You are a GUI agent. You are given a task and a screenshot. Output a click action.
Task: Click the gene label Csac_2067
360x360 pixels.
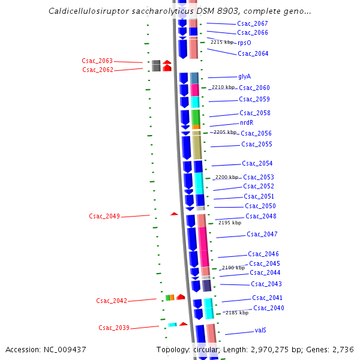tap(253, 23)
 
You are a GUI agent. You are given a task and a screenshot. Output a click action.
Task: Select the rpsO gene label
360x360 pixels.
tap(244, 43)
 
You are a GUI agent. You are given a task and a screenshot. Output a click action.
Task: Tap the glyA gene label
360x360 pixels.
tap(244, 76)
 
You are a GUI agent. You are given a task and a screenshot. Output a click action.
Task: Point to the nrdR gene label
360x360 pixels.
tap(247, 122)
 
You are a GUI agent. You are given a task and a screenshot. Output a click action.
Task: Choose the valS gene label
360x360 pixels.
tap(260, 330)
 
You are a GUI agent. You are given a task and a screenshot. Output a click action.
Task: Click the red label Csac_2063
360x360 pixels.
tap(97, 61)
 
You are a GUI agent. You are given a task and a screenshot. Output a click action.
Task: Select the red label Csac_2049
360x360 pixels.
tap(104, 216)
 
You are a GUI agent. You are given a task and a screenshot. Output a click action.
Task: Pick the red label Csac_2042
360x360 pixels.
tap(112, 301)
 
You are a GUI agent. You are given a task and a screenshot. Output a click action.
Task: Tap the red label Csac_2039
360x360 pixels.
tap(114, 328)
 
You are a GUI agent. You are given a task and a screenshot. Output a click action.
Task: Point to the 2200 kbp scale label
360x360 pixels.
tap(227, 177)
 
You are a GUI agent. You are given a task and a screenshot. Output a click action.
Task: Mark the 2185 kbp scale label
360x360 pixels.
tap(236, 313)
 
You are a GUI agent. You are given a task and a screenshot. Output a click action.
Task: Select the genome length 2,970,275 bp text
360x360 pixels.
tap(269, 349)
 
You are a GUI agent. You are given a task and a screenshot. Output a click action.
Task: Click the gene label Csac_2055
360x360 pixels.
tap(257, 144)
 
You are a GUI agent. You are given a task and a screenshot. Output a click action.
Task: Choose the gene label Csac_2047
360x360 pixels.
tap(262, 234)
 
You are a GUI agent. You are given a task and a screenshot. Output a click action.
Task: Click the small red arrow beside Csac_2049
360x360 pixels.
tap(174, 214)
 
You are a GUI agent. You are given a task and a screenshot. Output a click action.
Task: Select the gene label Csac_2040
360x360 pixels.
tap(269, 308)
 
